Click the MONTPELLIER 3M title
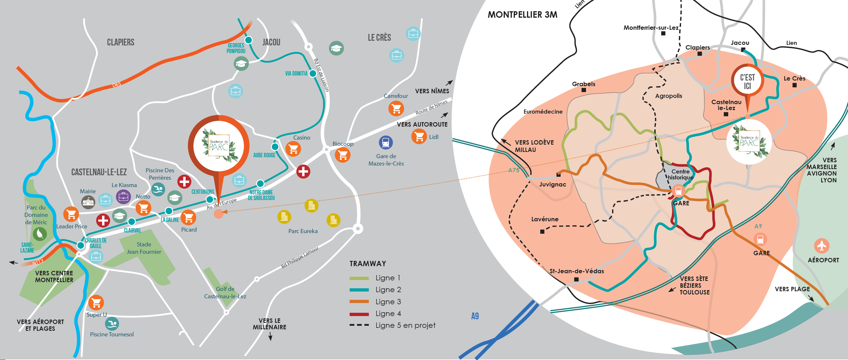(523, 15)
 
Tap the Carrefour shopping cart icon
(396, 108)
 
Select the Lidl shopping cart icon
(419, 136)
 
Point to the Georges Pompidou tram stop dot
(248, 40)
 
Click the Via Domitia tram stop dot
(313, 73)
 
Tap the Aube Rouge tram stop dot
(275, 146)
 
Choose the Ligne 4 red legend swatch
(359, 314)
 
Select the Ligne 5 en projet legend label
(405, 325)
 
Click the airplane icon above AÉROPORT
(822, 246)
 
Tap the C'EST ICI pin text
(747, 82)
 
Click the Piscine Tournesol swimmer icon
(112, 324)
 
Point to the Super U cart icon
(96, 302)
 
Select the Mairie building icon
(88, 202)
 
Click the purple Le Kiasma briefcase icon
(123, 197)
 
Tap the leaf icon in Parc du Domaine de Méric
(40, 234)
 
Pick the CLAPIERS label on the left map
(120, 42)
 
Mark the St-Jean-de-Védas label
(577, 271)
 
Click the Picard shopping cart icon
(188, 217)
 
